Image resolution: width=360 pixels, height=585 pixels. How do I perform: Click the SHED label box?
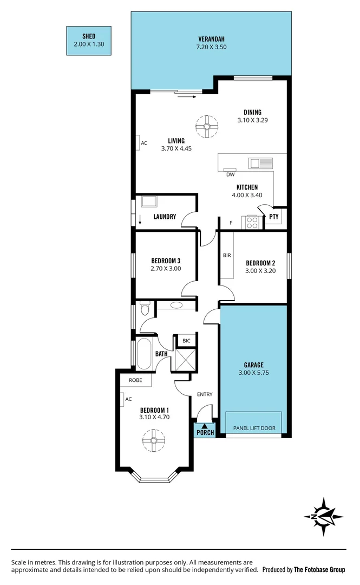pyautogui.click(x=89, y=40)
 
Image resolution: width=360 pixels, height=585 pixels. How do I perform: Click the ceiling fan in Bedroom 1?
pyautogui.click(x=154, y=440)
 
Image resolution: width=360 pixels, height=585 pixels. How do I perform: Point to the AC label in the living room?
pyautogui.click(x=144, y=144)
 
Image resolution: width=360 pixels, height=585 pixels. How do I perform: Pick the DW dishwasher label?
pyautogui.click(x=230, y=174)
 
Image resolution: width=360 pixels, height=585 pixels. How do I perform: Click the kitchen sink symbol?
pyautogui.click(x=260, y=162)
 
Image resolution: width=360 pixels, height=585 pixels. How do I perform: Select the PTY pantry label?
pyautogui.click(x=274, y=217)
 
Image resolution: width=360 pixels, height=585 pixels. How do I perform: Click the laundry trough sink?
pyautogui.click(x=148, y=201)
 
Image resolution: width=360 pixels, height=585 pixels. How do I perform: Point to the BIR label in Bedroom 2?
pyautogui.click(x=227, y=255)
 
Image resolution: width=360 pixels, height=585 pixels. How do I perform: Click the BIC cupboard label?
pyautogui.click(x=186, y=341)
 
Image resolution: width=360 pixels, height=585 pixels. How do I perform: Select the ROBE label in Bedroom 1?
pyautogui.click(x=135, y=380)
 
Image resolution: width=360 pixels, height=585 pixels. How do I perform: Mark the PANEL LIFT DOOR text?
pyautogui.click(x=254, y=428)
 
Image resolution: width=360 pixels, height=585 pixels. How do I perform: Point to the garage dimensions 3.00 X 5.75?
pyautogui.click(x=253, y=373)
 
